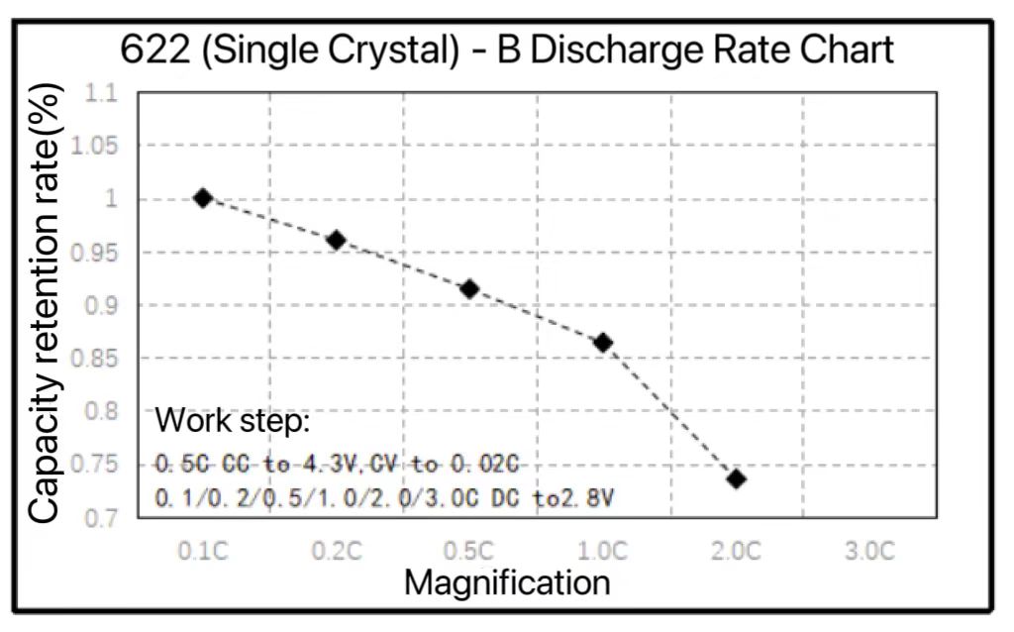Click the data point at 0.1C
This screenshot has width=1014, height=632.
203,198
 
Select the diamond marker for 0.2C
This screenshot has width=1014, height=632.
336,240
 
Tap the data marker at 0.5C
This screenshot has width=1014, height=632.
469,289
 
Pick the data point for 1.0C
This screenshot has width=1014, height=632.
603,343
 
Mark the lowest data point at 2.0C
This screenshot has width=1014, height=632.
736,478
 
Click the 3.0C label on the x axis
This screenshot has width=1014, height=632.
869,552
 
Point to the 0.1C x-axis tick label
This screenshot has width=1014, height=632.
203,552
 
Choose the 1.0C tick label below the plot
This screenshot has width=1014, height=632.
603,552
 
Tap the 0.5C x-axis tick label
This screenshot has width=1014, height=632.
469,552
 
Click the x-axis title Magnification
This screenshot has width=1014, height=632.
507,581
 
